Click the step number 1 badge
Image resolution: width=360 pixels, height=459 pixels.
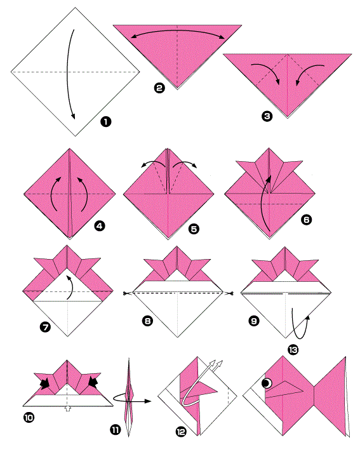click(106, 121)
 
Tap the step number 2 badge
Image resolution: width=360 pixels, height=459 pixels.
click(159, 88)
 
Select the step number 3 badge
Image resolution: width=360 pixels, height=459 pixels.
click(267, 116)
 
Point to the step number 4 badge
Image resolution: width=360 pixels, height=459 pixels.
click(100, 226)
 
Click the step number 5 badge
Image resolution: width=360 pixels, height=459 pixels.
click(194, 229)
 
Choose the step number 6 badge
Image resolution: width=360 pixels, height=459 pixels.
click(307, 219)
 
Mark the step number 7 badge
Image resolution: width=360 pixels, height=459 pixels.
click(45, 327)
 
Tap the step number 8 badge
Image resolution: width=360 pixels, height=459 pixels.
click(147, 321)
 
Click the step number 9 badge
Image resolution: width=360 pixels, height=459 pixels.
click(254, 321)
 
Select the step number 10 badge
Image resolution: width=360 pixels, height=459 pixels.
click(29, 417)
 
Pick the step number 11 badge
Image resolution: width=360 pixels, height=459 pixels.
click(116, 430)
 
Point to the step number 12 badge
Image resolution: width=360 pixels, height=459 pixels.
click(181, 432)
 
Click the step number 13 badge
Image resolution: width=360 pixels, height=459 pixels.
click(293, 350)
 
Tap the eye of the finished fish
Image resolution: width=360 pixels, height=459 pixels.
click(267, 383)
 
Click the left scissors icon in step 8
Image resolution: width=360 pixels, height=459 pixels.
click(128, 293)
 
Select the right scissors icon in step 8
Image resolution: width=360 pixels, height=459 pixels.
click(229, 293)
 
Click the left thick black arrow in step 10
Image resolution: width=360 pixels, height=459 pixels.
click(44, 383)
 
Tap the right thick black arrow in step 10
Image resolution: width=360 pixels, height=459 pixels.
click(93, 381)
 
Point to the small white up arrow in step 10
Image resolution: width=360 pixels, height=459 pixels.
click(68, 408)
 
